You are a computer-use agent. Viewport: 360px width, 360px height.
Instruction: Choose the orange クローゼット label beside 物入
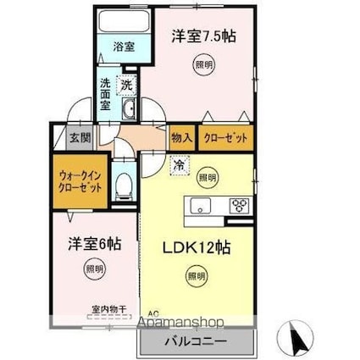pyautogui.click(x=225, y=136)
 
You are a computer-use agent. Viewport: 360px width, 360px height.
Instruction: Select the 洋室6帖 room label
pyautogui.click(x=94, y=243)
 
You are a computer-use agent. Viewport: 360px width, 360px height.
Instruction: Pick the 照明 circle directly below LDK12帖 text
pyautogui.click(x=197, y=275)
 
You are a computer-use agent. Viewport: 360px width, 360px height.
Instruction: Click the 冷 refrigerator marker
pyautogui.click(x=180, y=165)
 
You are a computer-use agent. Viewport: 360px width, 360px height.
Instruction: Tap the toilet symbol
pyautogui.click(x=124, y=185)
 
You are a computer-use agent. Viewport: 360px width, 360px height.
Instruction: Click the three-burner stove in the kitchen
pyautogui.click(x=240, y=205)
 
